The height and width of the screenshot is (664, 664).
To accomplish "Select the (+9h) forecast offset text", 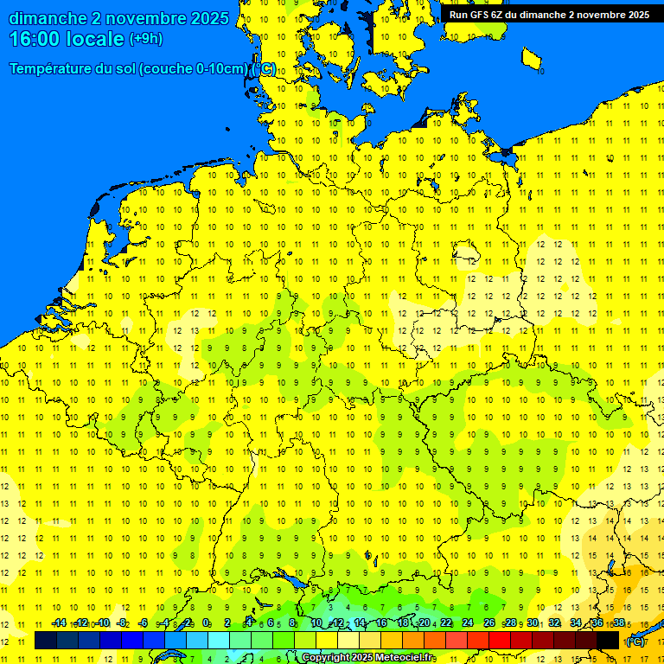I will pos(145,39).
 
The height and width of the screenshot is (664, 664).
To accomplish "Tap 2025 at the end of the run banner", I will pos(635,15).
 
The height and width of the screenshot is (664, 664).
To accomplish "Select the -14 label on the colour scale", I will pos(59,623).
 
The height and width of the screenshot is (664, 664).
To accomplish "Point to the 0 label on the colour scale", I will pos(207,623).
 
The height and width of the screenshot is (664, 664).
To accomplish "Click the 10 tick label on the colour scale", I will pos(316,623).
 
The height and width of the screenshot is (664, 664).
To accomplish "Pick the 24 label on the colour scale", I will pos(468,623).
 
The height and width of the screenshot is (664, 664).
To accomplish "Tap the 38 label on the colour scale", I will pos(619,623).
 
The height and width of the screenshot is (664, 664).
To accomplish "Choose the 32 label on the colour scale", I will pos(554,623).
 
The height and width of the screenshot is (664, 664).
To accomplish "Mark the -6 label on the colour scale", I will pos(144,623).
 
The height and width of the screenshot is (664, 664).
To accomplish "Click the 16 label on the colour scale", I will pos(381,623).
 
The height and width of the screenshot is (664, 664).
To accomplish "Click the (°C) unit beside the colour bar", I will pos(635,642).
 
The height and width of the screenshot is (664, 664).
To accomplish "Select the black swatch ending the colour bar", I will pos(608,641).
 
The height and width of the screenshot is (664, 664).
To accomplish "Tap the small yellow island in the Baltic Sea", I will pos(531,59).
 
